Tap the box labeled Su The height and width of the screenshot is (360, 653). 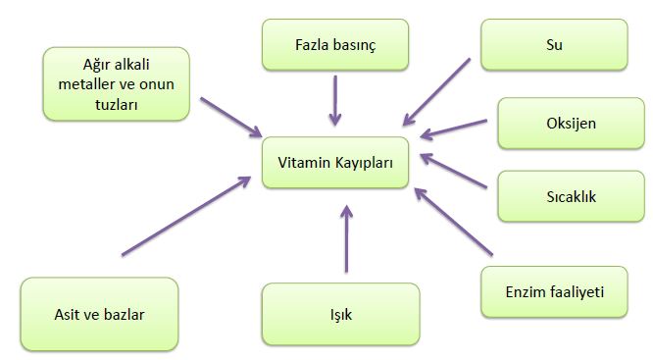point(554,45)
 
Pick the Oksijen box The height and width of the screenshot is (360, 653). point(570,125)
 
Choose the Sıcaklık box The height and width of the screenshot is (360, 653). point(570,195)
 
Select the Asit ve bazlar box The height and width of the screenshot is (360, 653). point(100,315)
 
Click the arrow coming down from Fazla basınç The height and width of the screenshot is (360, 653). point(336,99)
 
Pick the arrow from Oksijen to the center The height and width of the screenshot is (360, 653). point(453,129)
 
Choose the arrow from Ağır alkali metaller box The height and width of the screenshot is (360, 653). point(230,117)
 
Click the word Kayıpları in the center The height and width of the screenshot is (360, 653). point(362,163)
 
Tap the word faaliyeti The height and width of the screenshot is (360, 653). point(578,291)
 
